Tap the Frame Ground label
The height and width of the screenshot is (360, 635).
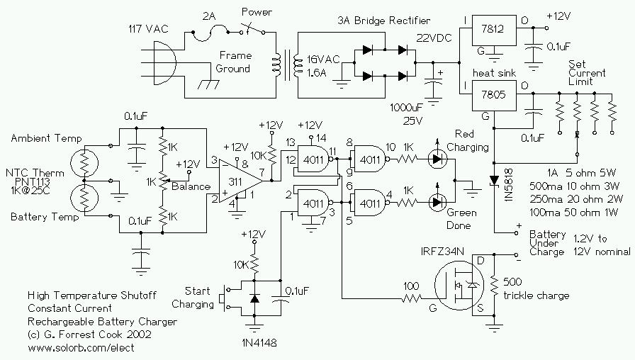coord(235,62)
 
